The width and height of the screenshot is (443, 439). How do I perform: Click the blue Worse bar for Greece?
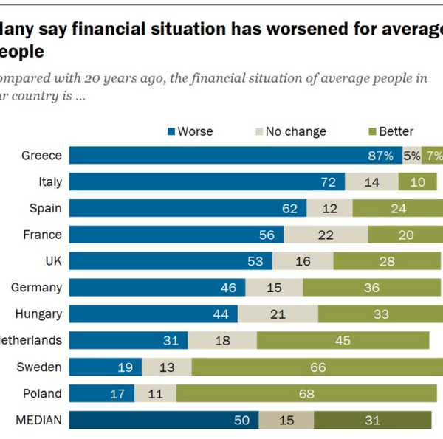tap(236, 156)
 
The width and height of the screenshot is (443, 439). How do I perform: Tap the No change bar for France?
tap(326, 235)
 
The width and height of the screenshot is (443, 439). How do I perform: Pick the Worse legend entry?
tap(190, 131)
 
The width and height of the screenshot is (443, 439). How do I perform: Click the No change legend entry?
tap(289, 131)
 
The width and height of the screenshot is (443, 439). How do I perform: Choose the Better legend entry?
tap(391, 131)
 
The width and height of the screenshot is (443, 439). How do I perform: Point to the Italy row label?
tap(49, 182)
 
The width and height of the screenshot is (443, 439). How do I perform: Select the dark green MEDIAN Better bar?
tap(372, 421)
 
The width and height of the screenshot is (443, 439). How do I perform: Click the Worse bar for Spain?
tap(188, 208)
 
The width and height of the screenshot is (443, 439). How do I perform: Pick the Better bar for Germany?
tap(372, 288)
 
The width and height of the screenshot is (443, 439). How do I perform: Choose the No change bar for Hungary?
tap(278, 314)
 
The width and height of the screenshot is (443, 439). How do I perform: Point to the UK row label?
tap(52, 261)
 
